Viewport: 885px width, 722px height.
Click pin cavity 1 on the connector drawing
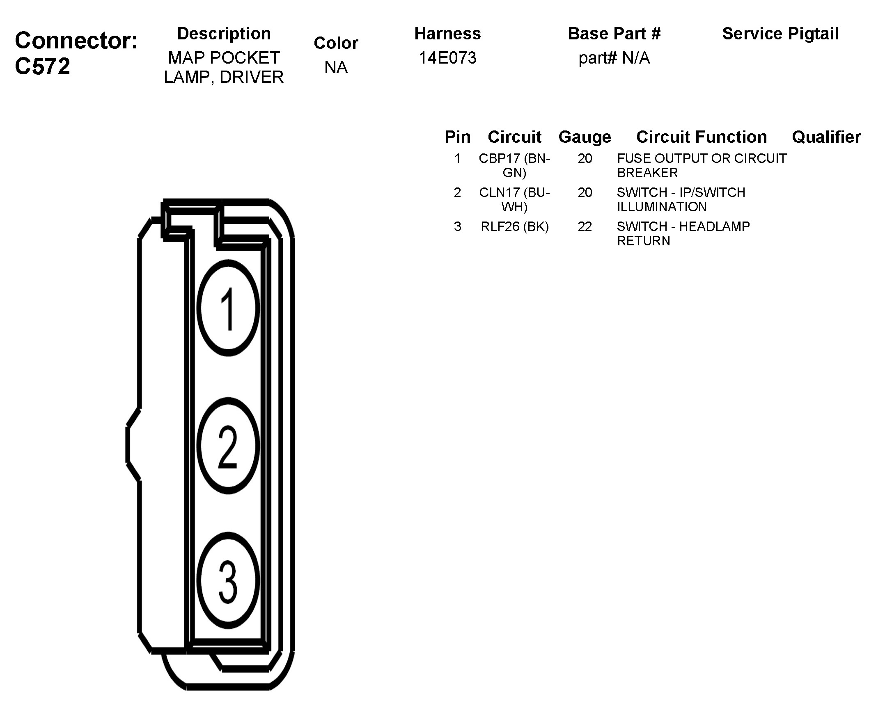coord(228,308)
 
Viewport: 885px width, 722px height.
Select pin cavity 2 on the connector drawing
coord(228,446)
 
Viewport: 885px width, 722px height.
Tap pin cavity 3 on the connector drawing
coord(228,580)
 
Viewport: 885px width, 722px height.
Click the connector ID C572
coord(42,66)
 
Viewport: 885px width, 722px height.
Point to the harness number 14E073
coord(447,58)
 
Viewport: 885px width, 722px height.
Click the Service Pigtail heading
coord(780,34)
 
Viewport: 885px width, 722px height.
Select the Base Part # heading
coord(614,34)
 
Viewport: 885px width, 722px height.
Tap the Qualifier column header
coord(826,137)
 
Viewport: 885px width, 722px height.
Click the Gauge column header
coord(585,137)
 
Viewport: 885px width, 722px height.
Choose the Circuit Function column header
coord(702,137)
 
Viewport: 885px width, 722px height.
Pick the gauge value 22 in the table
coord(585,227)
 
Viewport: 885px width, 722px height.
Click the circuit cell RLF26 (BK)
coord(515,227)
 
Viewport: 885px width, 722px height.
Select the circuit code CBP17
coord(499,158)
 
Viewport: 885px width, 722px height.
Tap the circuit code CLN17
coord(499,192)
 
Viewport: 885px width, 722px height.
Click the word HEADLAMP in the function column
coord(714,227)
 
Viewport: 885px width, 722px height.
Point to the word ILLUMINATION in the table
coord(662,207)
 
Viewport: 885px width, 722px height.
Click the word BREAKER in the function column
coord(647,173)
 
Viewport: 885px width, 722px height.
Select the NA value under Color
coord(336,67)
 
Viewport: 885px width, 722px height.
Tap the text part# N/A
coord(614,58)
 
